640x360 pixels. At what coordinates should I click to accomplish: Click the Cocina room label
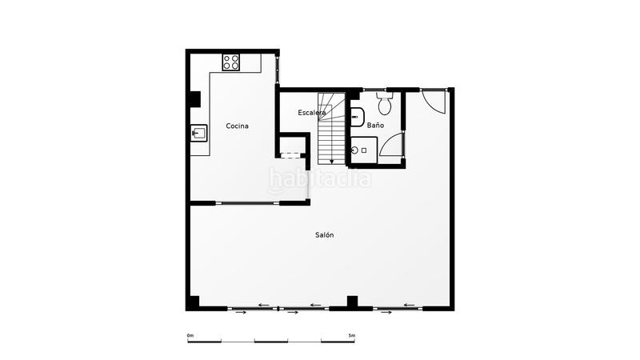pyautogui.click(x=237, y=126)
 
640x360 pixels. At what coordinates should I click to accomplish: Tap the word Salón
pyautogui.click(x=324, y=234)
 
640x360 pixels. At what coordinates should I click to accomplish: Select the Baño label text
pyautogui.click(x=375, y=126)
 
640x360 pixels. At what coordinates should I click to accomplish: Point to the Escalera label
pyautogui.click(x=312, y=113)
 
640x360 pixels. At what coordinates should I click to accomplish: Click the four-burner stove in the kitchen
pyautogui.click(x=231, y=62)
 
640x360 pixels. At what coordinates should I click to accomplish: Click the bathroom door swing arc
pyautogui.click(x=391, y=145)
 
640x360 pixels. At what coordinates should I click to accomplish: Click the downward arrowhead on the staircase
pyautogui.click(x=332, y=161)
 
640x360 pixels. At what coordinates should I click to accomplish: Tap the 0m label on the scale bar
pyautogui.click(x=190, y=334)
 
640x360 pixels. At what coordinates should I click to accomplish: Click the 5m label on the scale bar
pyautogui.click(x=351, y=334)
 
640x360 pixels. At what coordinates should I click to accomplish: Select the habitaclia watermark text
pyautogui.click(x=320, y=179)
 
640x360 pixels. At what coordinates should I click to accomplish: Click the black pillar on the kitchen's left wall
pyautogui.click(x=194, y=98)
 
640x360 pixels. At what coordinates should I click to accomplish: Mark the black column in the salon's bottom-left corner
pyautogui.click(x=193, y=302)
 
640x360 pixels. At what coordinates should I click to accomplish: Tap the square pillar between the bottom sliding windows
pyautogui.click(x=352, y=301)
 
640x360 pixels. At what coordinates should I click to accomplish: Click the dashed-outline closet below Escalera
pyautogui.click(x=293, y=147)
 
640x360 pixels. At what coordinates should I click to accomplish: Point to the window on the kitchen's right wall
pyautogui.click(x=278, y=68)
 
